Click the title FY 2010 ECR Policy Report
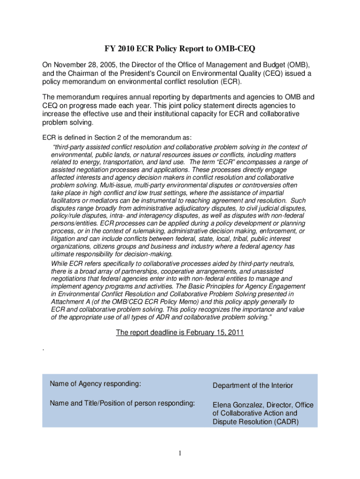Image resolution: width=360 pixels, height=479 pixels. point(180,49)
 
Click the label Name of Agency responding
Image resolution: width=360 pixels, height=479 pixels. point(95,384)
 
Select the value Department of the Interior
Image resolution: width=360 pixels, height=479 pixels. point(253,385)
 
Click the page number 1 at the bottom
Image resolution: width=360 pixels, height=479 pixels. point(180,453)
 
